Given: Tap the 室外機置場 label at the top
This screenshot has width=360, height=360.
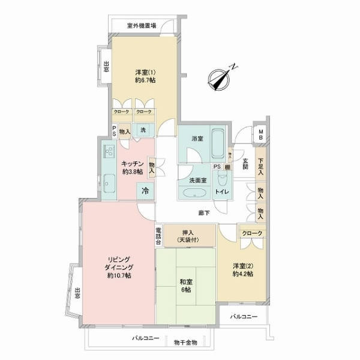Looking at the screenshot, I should (142, 26).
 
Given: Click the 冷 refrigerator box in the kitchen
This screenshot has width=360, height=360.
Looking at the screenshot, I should (145, 191).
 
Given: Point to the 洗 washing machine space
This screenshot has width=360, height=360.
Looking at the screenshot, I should (143, 130).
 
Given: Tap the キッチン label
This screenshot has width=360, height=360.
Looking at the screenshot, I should (132, 166).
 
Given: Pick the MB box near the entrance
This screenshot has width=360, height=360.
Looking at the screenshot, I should (261, 135).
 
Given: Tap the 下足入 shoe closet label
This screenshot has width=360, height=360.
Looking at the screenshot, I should (261, 166).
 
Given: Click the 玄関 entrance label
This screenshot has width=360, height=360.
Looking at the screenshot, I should (245, 163).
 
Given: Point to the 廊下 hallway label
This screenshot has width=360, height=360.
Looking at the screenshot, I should (205, 213).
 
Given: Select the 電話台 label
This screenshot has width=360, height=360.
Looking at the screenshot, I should (158, 235).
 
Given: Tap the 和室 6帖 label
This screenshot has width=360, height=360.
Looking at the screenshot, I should (185, 284).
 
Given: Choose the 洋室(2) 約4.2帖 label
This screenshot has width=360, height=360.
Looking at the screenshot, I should (243, 269).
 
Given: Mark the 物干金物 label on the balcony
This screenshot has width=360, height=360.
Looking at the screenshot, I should (185, 342).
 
